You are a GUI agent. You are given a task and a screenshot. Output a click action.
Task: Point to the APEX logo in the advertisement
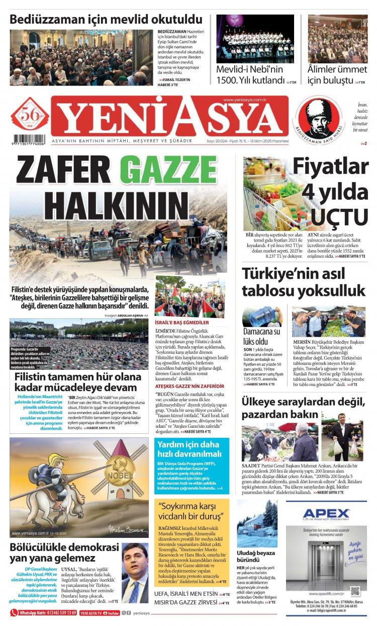(326, 515)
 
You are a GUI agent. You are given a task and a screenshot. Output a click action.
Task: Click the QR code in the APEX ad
(355, 591)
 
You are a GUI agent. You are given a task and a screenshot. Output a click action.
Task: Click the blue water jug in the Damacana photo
(260, 318)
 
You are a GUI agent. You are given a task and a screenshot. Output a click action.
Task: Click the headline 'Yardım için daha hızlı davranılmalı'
(189, 450)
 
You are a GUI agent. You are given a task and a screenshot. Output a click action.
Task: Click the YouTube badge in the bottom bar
(113, 613)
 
